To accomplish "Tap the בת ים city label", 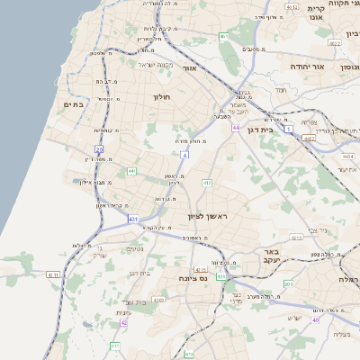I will pyautogui.click(x=72, y=105).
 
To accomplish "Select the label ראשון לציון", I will pyautogui.click(x=209, y=217).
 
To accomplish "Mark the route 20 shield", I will pyautogui.click(x=99, y=149).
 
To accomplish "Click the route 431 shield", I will pyautogui.click(x=132, y=219).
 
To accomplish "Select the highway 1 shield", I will pyautogui.click(x=289, y=130).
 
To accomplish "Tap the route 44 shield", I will pyautogui.click(x=235, y=128).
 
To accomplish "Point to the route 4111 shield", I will pyautogui.click(x=53, y=274).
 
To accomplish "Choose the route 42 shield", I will pyautogui.click(x=124, y=322).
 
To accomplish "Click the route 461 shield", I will pyautogui.click(x=223, y=37).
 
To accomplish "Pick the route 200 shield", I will pyautogui.click(x=288, y=284).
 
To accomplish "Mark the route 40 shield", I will pyautogui.click(x=315, y=319).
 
